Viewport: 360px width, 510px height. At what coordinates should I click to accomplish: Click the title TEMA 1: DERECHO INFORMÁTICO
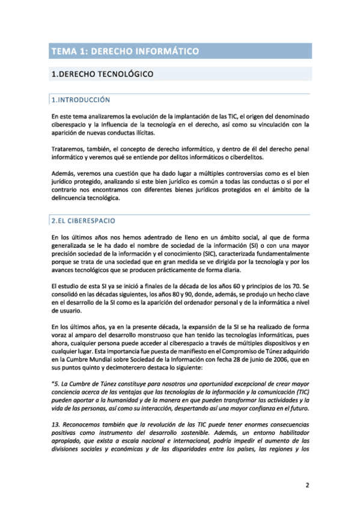click(124, 52)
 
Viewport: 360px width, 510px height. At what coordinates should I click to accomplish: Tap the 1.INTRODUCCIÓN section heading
click(81, 99)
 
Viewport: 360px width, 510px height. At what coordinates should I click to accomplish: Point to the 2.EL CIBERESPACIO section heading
click(84, 221)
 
